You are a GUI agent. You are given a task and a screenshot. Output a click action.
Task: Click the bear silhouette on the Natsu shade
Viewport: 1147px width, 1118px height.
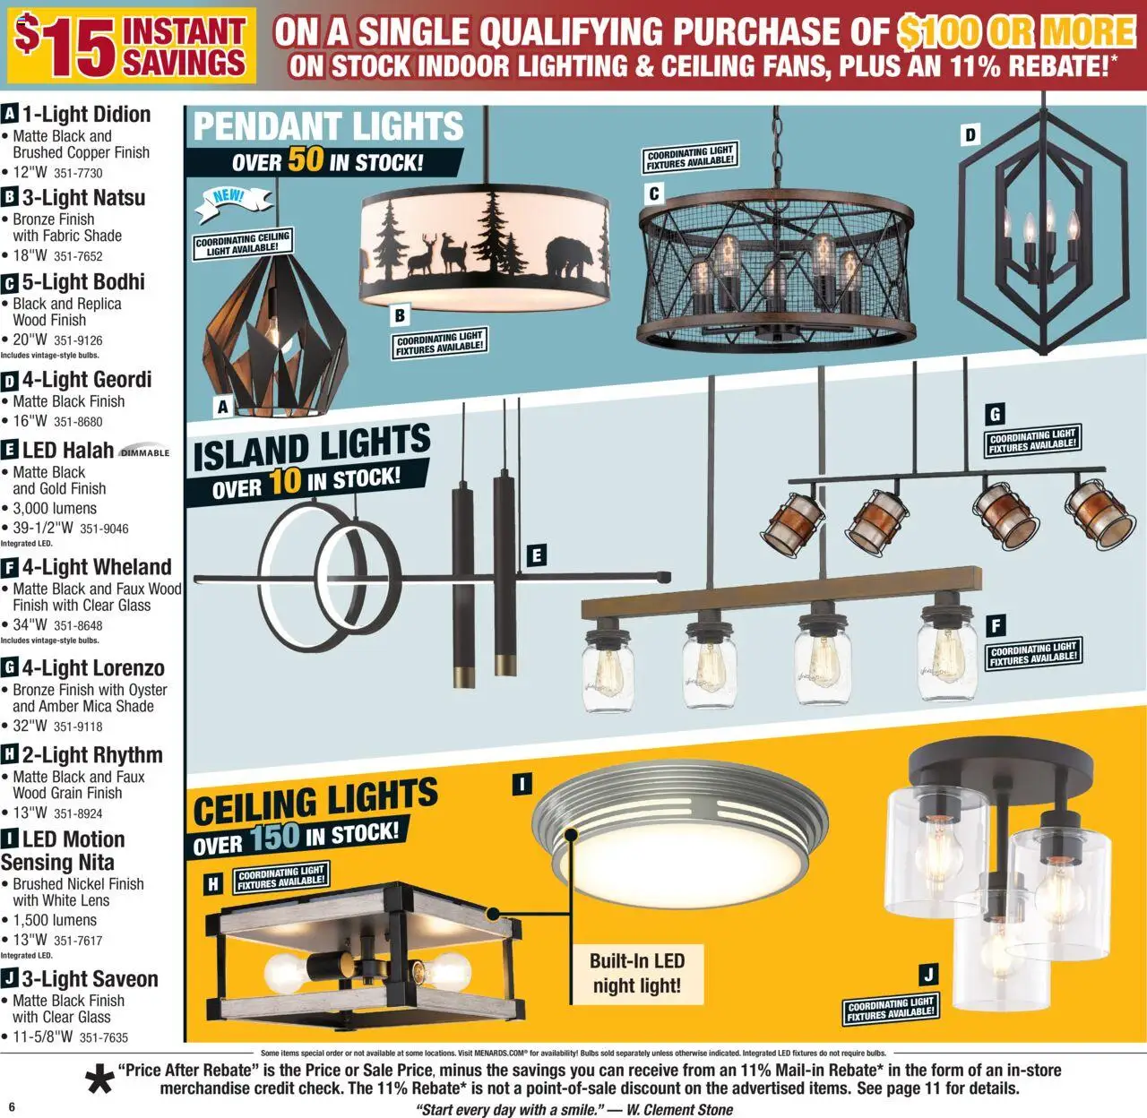point(570,257)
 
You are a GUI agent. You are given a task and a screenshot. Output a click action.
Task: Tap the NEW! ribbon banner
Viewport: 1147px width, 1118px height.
point(233,202)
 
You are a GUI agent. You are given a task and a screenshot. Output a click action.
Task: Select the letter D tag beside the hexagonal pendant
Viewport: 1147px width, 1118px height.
point(970,135)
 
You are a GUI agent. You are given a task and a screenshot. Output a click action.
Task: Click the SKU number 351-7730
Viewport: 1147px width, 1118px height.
point(78,173)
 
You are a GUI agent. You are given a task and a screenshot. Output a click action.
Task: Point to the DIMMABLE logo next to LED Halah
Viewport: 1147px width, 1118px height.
point(144,451)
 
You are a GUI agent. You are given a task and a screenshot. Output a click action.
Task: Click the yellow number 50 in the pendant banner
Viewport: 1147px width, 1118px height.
point(306,159)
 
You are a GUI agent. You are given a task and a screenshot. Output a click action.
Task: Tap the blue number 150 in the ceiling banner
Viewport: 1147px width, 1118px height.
point(275,837)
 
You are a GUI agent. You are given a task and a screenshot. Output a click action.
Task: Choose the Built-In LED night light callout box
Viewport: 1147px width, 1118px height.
point(637,974)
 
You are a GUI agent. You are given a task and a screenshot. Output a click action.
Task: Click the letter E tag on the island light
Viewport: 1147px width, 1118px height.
point(537,555)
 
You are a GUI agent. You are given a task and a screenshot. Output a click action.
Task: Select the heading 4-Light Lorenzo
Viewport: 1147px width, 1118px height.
point(93,667)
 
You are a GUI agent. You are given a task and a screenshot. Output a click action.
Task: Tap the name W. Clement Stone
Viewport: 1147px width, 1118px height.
point(679,1110)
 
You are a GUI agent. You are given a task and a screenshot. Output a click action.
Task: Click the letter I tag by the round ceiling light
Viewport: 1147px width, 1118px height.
point(522,784)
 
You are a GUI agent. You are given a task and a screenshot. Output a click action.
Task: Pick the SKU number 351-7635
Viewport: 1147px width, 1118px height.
point(104,1037)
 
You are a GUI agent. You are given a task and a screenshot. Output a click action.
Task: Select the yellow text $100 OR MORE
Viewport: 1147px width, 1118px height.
point(1015,32)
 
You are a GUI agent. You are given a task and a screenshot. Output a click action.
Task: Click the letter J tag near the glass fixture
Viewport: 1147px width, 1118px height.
point(929,975)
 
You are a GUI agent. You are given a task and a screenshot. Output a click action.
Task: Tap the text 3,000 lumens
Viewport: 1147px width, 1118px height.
point(55,508)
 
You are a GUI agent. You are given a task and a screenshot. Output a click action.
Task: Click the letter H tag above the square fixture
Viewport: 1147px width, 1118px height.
point(213,884)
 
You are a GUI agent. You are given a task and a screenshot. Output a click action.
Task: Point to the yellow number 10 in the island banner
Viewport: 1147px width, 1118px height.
point(285,481)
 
